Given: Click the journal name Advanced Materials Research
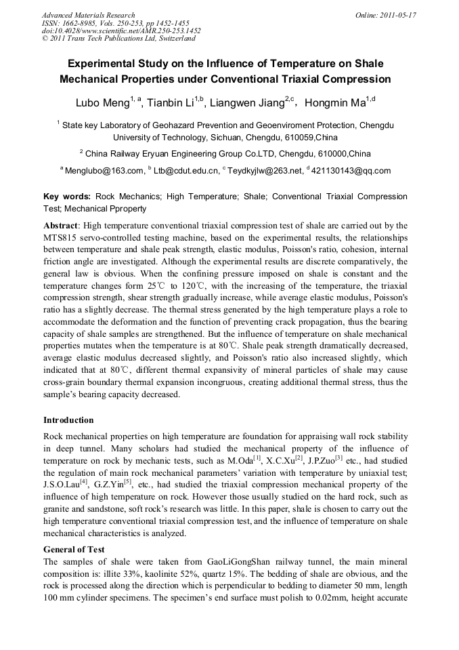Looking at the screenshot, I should click(88, 14).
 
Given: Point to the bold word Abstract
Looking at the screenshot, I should click(60, 225).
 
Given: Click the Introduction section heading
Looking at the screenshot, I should click(68, 420).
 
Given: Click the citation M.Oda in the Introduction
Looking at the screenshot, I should click(241, 461).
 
